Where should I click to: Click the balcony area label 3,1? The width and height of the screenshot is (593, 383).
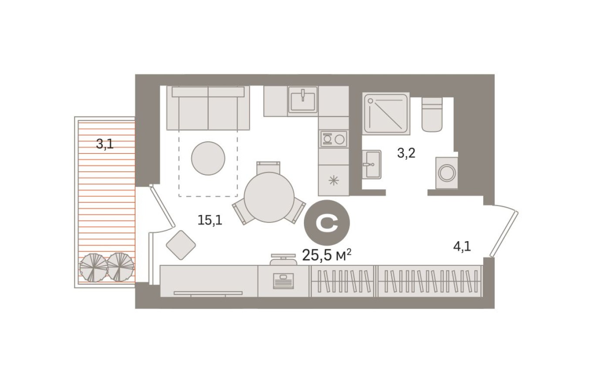[105, 144]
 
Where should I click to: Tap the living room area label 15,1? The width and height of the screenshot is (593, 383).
[210, 220]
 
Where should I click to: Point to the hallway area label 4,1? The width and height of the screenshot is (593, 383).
[462, 247]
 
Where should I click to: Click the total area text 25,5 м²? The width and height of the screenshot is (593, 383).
[327, 255]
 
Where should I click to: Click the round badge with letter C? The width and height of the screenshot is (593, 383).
[327, 224]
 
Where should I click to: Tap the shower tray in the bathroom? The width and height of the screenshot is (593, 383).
[386, 113]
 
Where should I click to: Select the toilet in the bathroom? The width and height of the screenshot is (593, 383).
[432, 114]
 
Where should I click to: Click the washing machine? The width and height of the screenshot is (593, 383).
[447, 173]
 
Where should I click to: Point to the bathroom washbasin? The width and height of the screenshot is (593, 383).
[371, 164]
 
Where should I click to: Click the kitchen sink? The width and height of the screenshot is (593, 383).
[303, 100]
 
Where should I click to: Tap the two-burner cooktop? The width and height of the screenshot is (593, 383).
[334, 139]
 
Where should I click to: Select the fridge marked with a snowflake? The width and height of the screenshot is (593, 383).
[334, 180]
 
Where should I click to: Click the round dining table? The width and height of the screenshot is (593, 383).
[269, 198]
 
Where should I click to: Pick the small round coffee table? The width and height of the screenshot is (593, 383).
[208, 158]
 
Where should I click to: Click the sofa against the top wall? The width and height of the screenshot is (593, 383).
[208, 108]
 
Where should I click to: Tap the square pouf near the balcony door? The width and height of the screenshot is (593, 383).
[181, 245]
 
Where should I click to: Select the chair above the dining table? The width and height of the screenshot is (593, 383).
[268, 167]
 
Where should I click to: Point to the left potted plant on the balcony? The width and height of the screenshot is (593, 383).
[93, 267]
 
